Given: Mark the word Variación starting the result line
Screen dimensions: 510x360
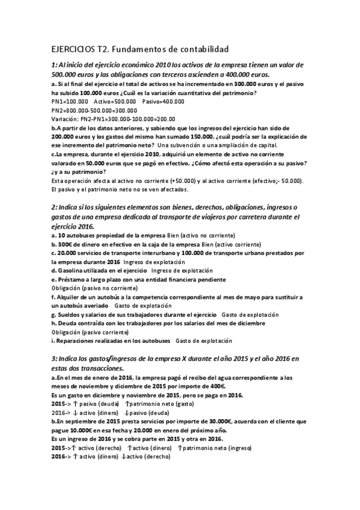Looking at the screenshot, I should (x=66, y=119).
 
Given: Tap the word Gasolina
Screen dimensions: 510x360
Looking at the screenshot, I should (x=73, y=271).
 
